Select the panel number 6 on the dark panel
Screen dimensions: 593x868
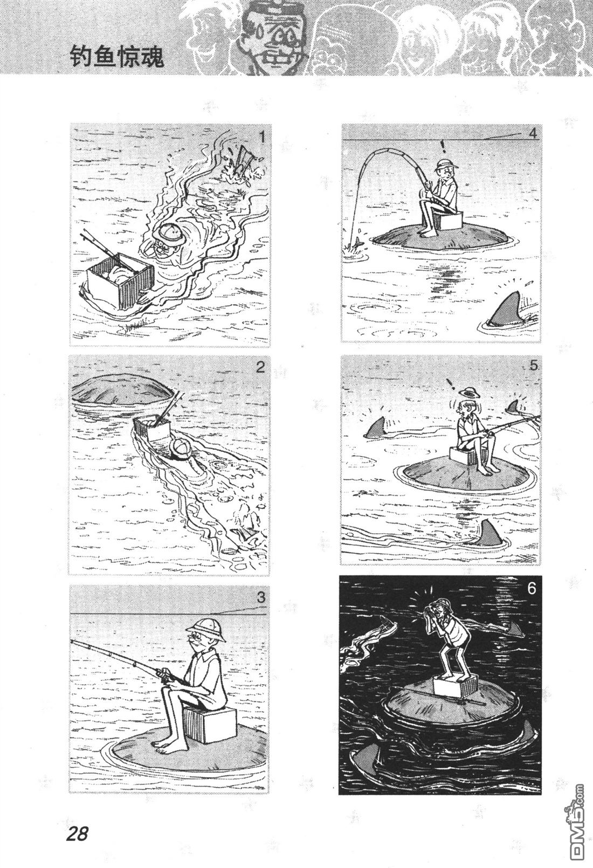tap(532, 588)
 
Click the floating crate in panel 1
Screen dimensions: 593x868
tap(120, 278)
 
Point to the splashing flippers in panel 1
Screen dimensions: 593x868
tap(244, 163)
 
